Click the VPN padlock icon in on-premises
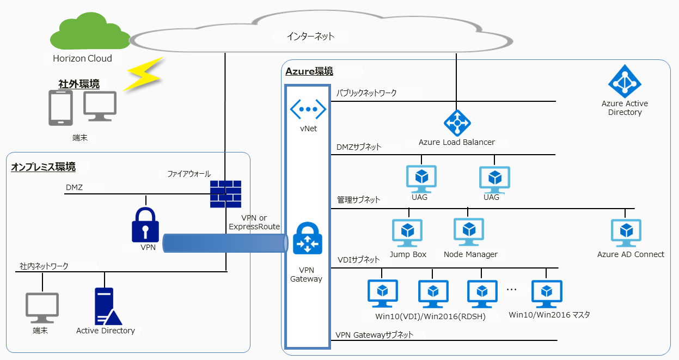[x=145, y=224]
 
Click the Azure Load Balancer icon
[x=457, y=123]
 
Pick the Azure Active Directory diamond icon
[x=625, y=82]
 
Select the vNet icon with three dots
[x=308, y=109]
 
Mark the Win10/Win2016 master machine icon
[x=547, y=294]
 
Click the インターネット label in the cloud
[x=310, y=36]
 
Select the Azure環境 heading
[x=309, y=71]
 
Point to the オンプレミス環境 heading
[x=43, y=167]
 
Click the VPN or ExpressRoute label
[x=254, y=222]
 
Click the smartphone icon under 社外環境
[x=61, y=107]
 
